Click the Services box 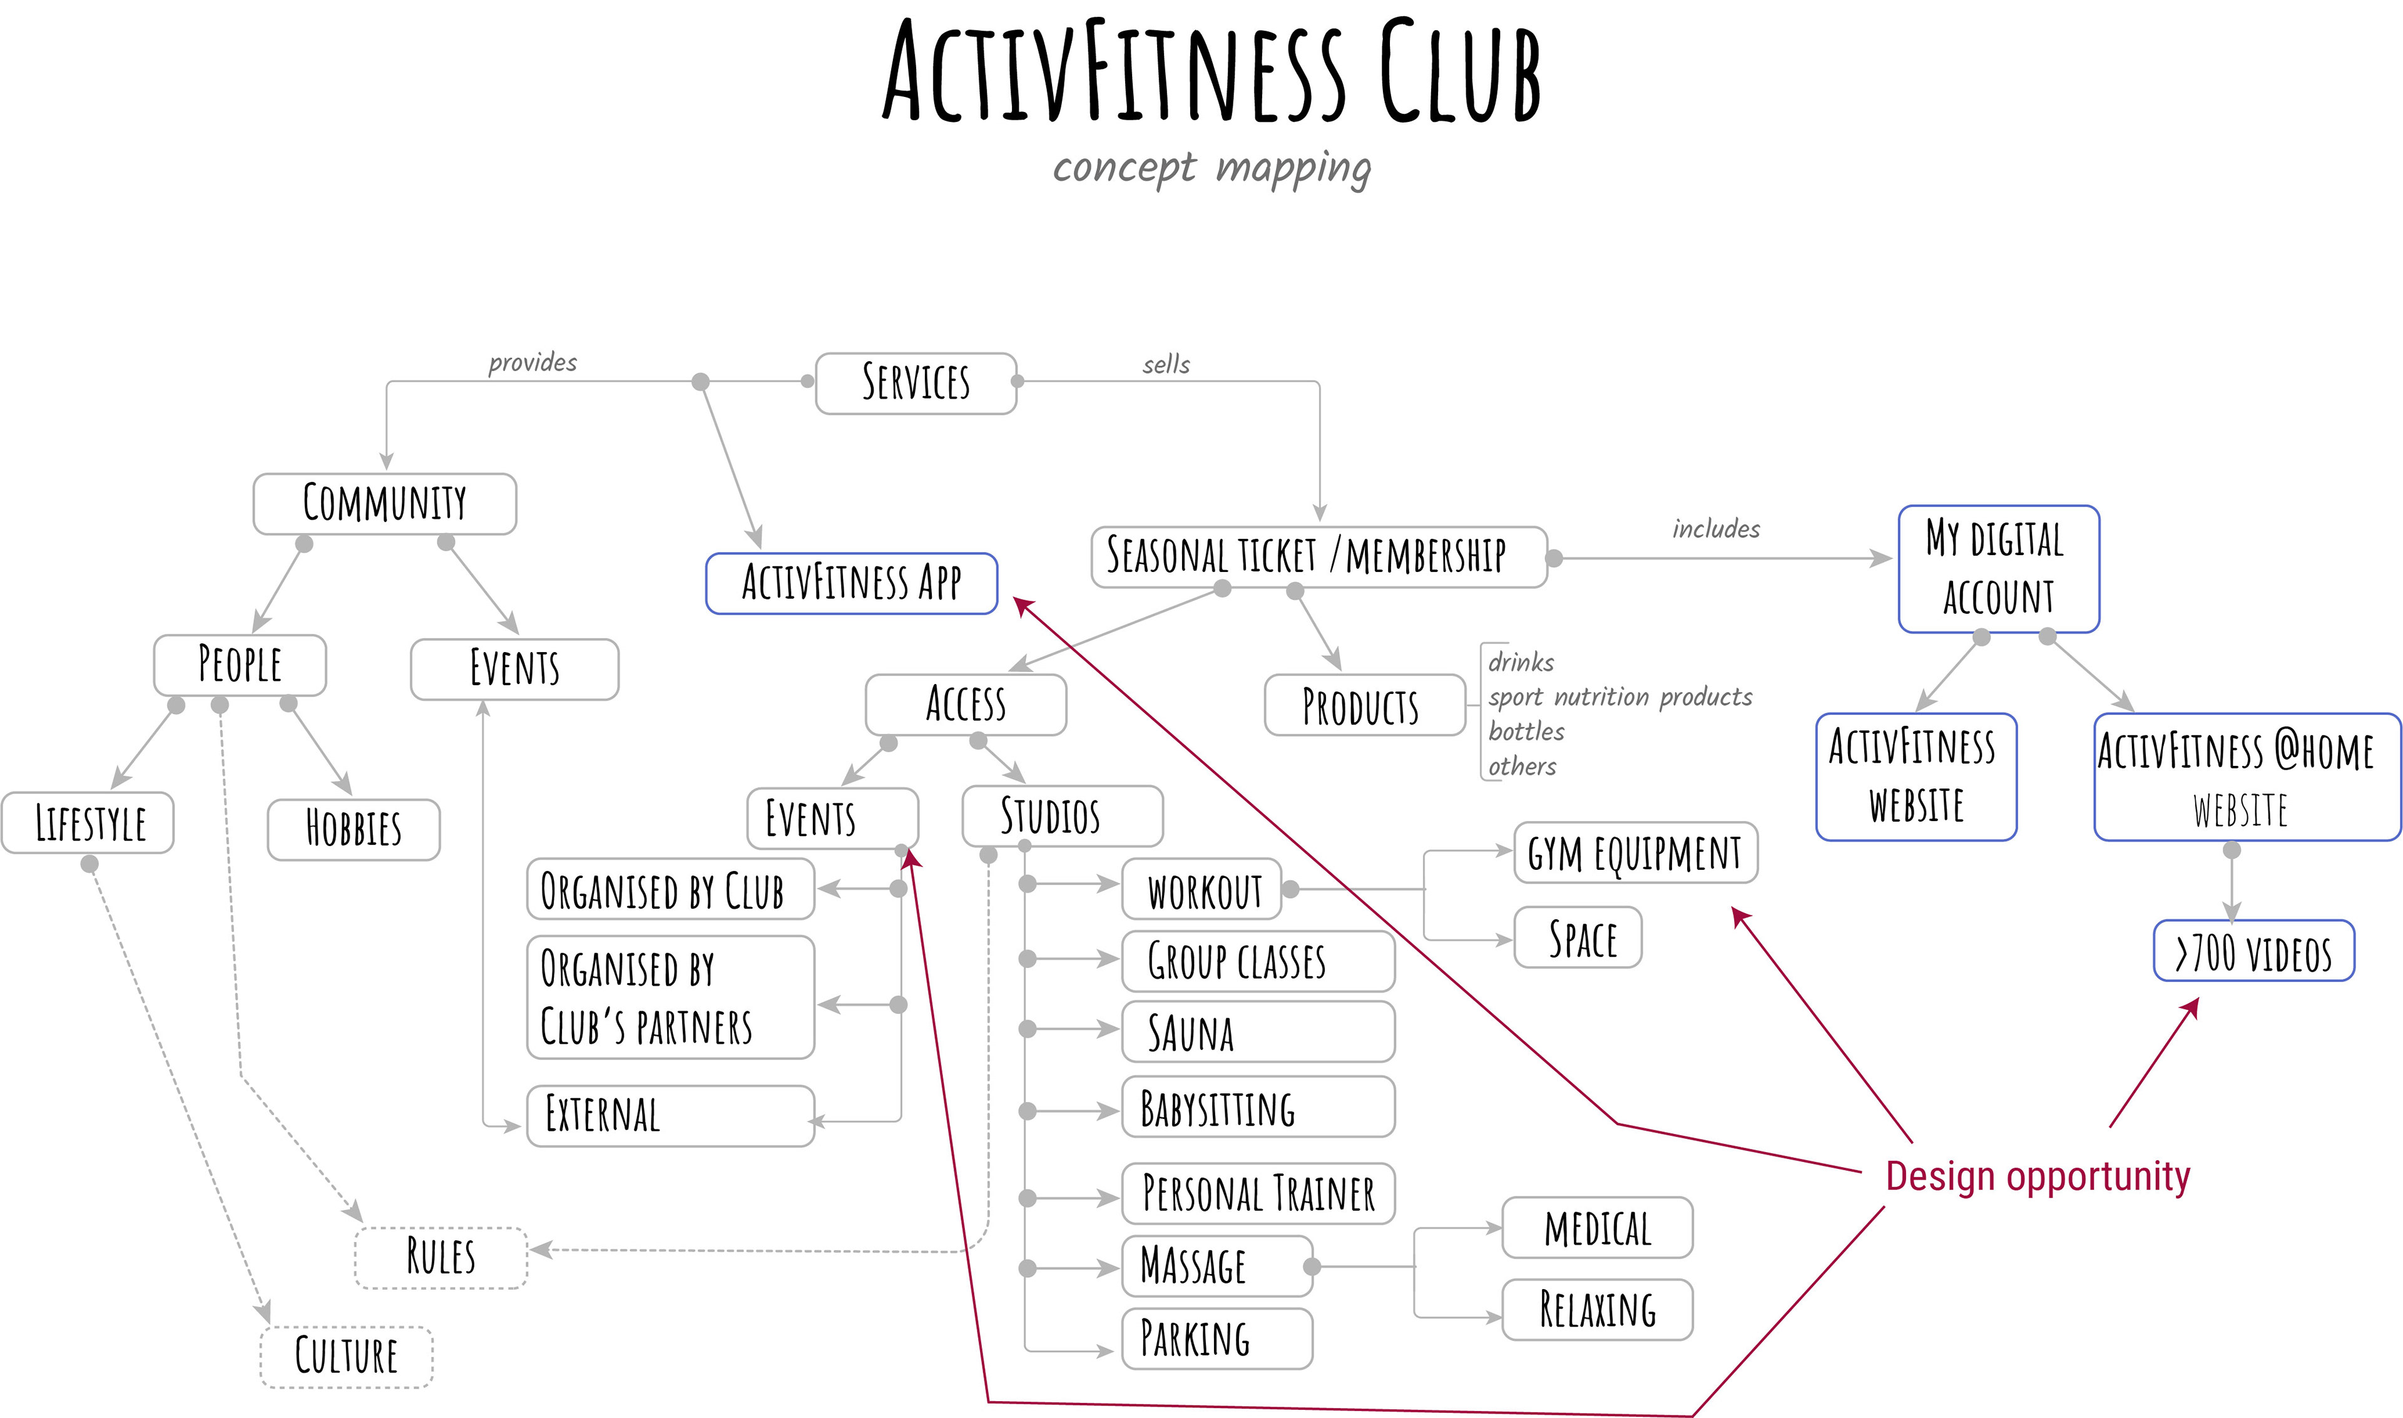point(916,383)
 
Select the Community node point(384,504)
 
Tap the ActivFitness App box point(850,583)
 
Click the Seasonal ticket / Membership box point(1318,556)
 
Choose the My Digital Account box point(1998,569)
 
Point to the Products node point(1364,705)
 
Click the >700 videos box point(2253,951)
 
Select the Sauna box point(1257,1031)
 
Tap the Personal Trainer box point(1257,1193)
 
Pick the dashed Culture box point(346,1356)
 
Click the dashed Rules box point(441,1257)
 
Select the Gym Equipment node point(1635,852)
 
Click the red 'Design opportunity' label point(2037,1176)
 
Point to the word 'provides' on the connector point(532,363)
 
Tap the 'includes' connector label point(1715,528)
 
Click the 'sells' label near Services point(1166,365)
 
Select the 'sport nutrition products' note point(1620,696)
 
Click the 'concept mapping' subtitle point(1212,168)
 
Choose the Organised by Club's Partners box point(670,997)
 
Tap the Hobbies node point(354,829)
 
